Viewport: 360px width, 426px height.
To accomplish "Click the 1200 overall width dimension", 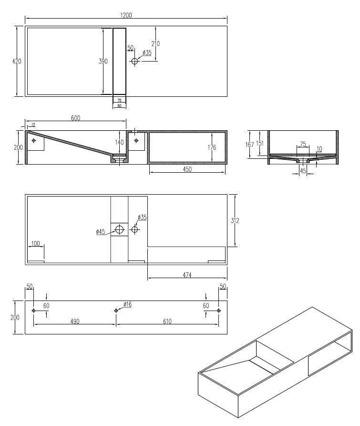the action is coord(126,15).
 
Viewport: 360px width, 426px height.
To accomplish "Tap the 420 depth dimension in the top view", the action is coord(17,62).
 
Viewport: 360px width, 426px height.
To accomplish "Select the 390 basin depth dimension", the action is coord(103,62).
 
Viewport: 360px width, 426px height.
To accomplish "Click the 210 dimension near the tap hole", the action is coord(155,43).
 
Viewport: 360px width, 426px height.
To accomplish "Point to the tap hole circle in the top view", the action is coord(134,61).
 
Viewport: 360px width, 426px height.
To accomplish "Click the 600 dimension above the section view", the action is coord(75,118).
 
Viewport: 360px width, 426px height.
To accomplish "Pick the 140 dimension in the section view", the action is coord(119,142).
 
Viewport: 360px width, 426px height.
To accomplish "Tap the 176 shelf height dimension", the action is coord(212,147).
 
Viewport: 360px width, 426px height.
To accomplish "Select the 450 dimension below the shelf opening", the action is coord(187,169).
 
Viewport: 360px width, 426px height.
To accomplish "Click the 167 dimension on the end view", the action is coord(249,145).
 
